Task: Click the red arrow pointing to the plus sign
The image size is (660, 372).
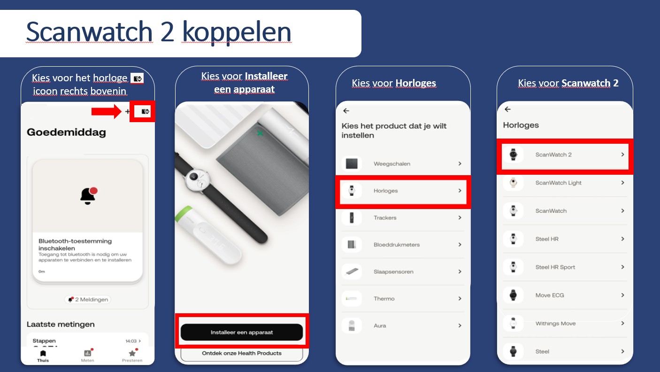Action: click(x=106, y=111)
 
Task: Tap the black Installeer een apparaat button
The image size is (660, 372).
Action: click(x=242, y=332)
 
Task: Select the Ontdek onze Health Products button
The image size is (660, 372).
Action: click(x=242, y=353)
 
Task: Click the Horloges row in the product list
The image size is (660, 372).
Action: click(x=403, y=191)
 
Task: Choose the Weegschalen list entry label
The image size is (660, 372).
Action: click(x=392, y=163)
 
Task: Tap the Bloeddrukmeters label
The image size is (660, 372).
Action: click(x=397, y=245)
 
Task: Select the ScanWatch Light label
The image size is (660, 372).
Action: click(x=558, y=183)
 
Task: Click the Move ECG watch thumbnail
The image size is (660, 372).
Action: click(x=513, y=295)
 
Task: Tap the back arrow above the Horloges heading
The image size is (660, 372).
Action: click(x=507, y=109)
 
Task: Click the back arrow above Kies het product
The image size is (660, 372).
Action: click(x=346, y=111)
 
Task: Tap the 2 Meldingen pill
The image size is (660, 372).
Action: click(x=87, y=300)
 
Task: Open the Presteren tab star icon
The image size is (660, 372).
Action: click(x=132, y=353)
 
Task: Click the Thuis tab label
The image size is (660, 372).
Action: click(x=43, y=361)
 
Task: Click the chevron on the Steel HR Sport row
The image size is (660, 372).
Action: click(x=622, y=267)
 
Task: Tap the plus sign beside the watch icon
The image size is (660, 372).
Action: click(x=127, y=111)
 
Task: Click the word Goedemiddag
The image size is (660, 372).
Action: click(x=66, y=132)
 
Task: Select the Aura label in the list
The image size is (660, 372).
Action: click(x=380, y=325)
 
